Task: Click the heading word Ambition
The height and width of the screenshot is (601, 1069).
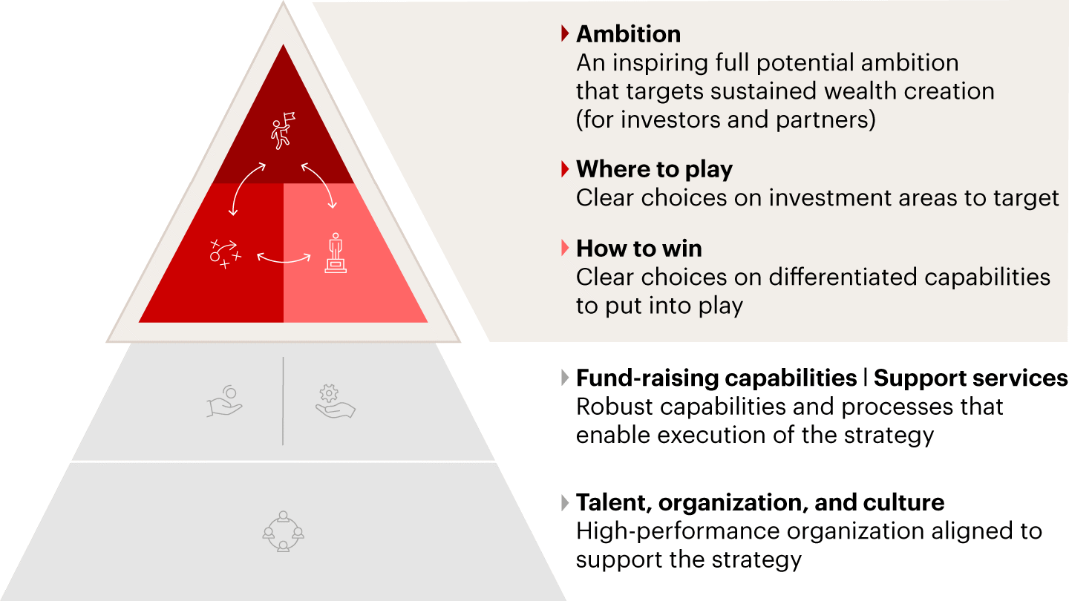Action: point(628,34)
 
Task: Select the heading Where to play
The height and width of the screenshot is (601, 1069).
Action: point(654,169)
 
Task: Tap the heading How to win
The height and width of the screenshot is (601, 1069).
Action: point(639,249)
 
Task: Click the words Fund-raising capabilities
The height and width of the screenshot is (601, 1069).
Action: point(716,378)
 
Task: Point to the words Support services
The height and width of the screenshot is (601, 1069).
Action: point(971,378)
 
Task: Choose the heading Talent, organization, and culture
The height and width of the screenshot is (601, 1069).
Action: point(760,502)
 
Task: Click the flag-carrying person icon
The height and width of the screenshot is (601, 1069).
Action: point(283,131)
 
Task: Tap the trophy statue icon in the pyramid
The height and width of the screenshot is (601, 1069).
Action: point(336,253)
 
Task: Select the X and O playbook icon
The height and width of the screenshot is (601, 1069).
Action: point(225,254)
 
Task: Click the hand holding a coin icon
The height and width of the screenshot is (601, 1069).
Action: point(225,401)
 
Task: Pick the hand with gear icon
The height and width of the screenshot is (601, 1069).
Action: point(336,401)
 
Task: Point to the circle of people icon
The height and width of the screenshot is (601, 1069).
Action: point(283,531)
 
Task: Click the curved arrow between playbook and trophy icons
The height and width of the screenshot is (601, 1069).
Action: point(284,261)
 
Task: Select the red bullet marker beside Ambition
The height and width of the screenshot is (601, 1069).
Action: point(565,33)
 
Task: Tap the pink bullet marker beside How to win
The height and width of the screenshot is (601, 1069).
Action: point(565,248)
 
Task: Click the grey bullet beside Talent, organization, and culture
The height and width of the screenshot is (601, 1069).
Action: point(565,503)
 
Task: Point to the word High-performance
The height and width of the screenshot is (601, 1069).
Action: point(678,531)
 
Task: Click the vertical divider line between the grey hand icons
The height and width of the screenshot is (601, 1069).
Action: point(283,401)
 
